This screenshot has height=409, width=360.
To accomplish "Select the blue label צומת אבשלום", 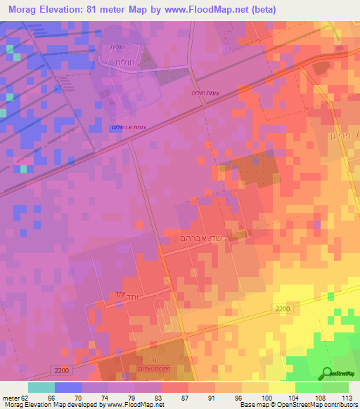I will [x=127, y=126].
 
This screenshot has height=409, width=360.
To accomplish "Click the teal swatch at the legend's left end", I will [x=41, y=387].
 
